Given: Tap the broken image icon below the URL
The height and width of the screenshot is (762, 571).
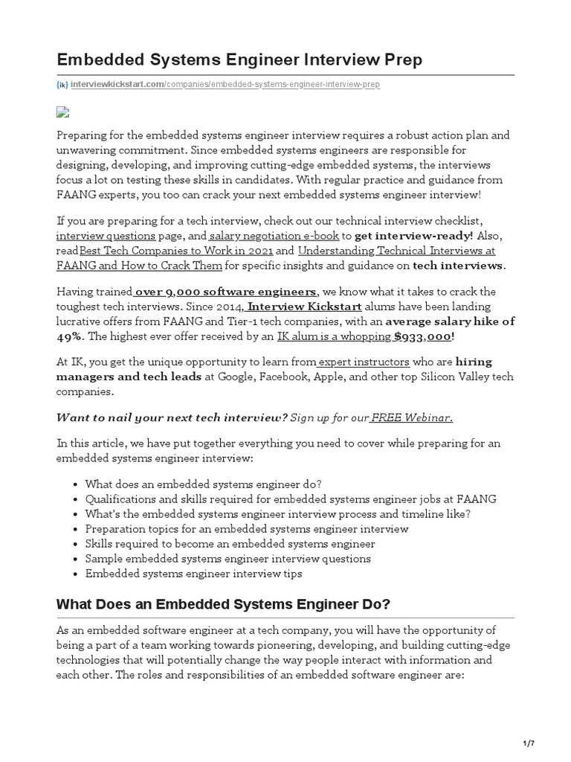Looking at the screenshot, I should click(x=62, y=112).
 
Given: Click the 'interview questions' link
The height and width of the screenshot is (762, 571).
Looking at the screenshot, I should click(x=106, y=236).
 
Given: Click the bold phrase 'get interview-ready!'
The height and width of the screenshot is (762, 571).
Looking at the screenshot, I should click(x=414, y=236).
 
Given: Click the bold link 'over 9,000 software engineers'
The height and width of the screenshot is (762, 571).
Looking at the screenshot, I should click(x=225, y=292).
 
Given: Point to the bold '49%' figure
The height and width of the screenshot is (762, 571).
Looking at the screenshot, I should click(x=71, y=336).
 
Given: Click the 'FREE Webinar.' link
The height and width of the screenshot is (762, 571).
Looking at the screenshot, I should click(x=412, y=417).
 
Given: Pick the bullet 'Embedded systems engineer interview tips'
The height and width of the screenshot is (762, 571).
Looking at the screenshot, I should click(x=193, y=574).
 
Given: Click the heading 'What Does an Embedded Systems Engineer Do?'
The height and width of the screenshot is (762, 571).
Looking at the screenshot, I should click(x=223, y=603).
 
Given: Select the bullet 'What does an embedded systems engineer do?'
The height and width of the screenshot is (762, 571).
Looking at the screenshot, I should click(x=203, y=484).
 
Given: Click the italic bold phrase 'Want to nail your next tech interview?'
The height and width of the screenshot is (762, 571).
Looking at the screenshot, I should click(x=172, y=417).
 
